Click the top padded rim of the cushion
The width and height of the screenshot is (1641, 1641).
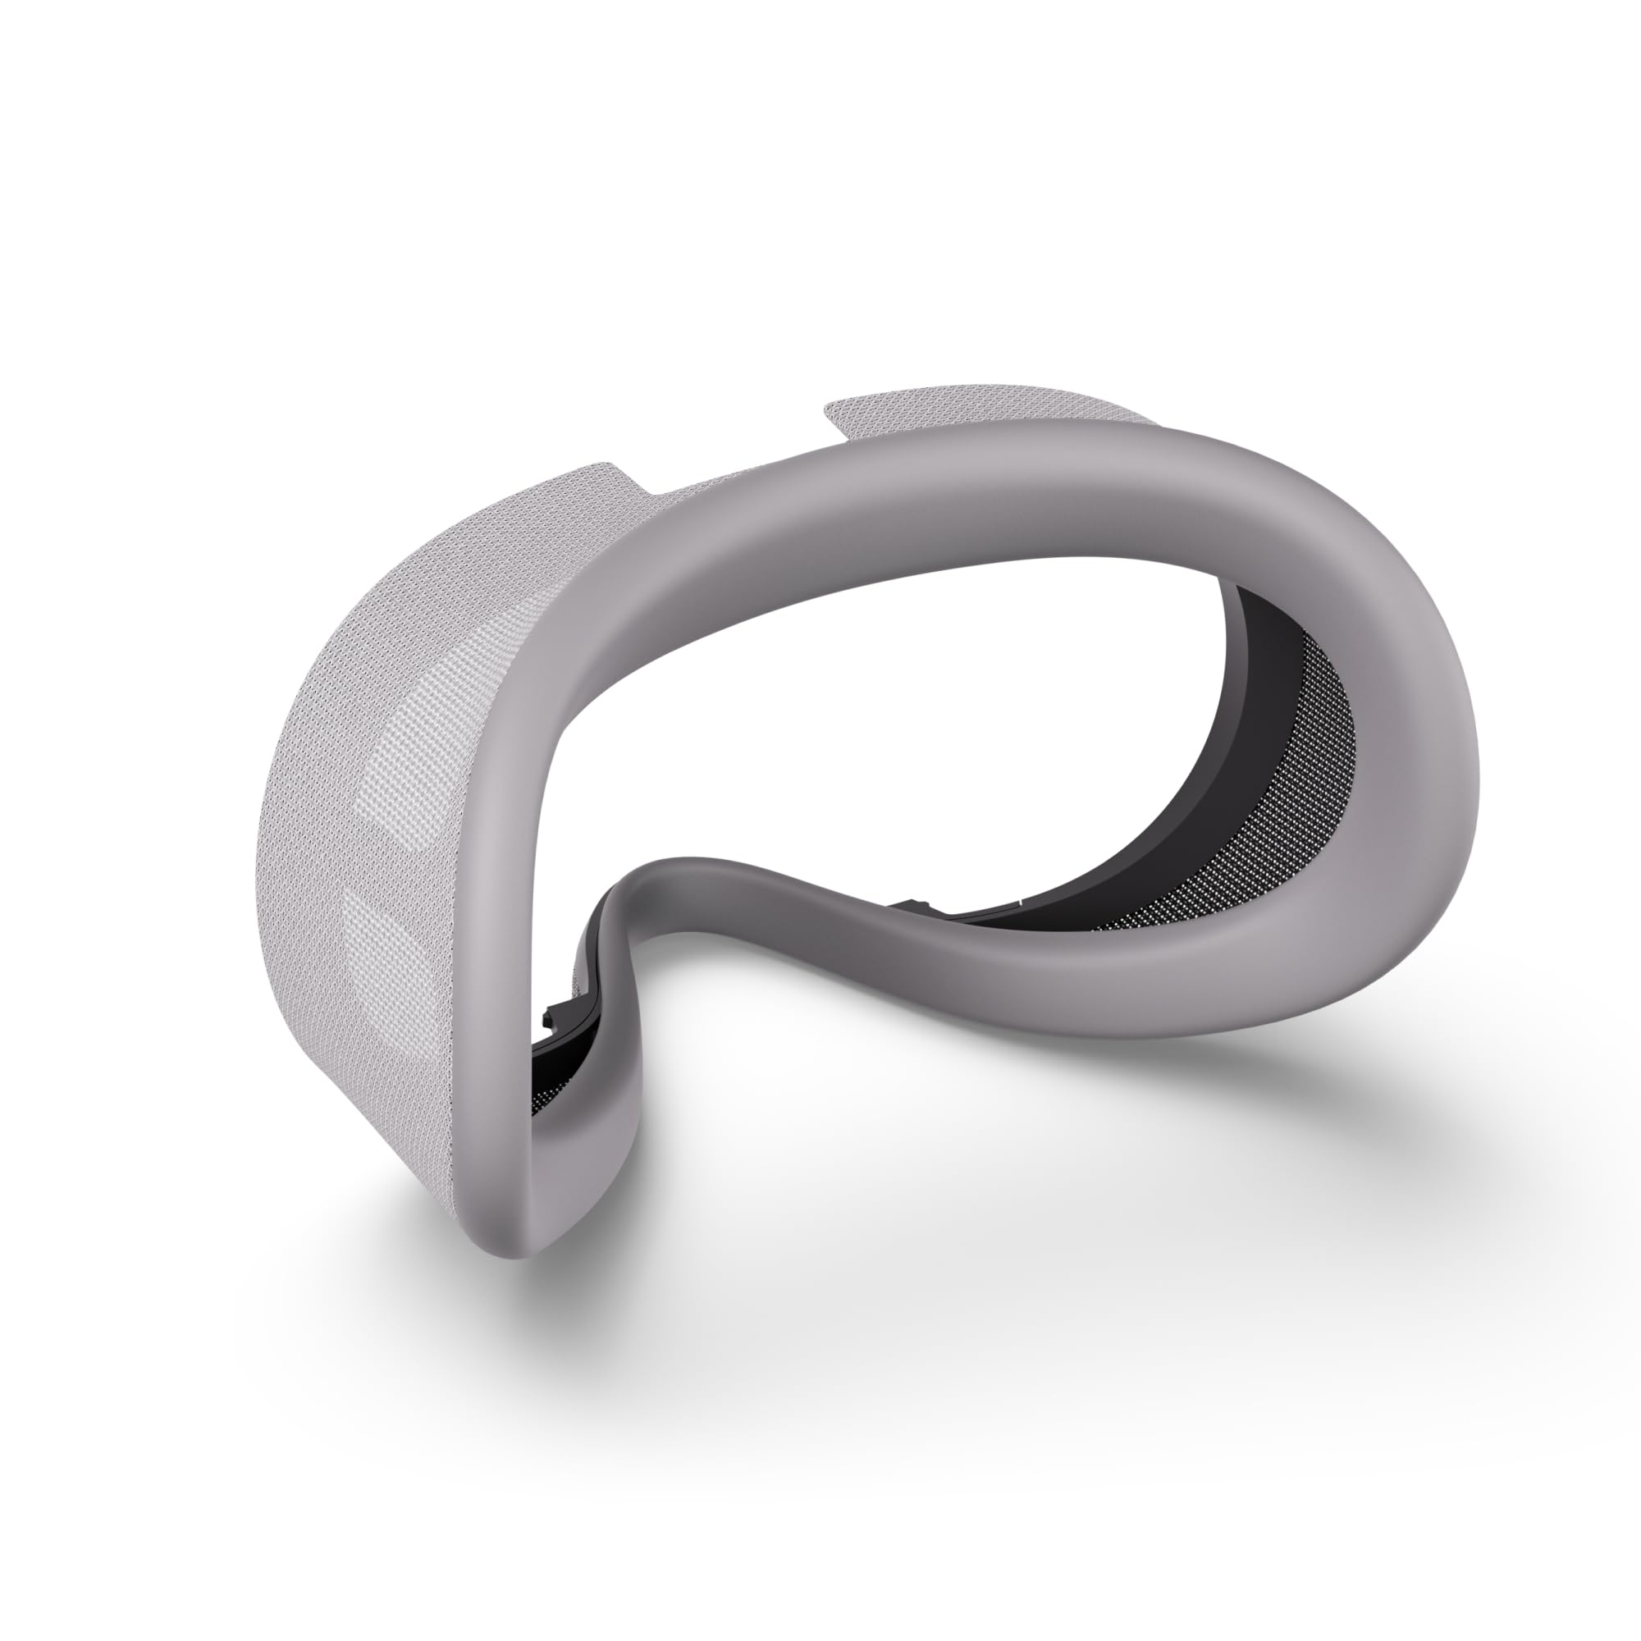click(x=935, y=527)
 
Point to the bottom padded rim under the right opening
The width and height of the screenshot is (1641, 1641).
click(x=1104, y=976)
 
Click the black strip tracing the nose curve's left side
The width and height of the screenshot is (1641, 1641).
click(x=595, y=951)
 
